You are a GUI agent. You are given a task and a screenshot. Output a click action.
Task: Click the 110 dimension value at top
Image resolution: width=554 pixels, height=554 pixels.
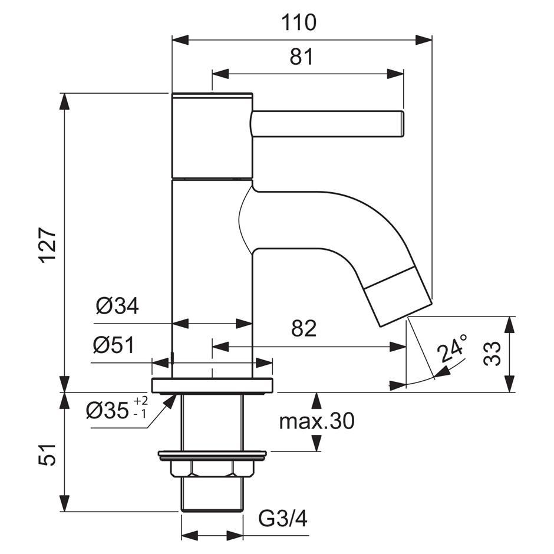(299, 22)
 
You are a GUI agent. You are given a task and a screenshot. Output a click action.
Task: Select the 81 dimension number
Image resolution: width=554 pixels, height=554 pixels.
(301, 57)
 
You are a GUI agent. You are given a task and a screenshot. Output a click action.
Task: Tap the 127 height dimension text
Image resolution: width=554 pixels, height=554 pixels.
(47, 245)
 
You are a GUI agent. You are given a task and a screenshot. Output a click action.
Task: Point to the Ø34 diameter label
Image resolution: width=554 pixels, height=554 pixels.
(117, 306)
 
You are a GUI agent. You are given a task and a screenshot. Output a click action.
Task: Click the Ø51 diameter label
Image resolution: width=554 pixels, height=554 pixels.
(114, 345)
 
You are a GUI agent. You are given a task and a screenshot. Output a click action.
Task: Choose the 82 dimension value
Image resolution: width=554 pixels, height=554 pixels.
(304, 328)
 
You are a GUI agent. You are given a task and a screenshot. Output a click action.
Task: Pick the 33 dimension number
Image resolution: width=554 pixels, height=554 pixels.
(492, 353)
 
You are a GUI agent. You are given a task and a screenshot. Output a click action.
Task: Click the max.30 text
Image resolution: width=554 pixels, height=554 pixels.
(316, 421)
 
